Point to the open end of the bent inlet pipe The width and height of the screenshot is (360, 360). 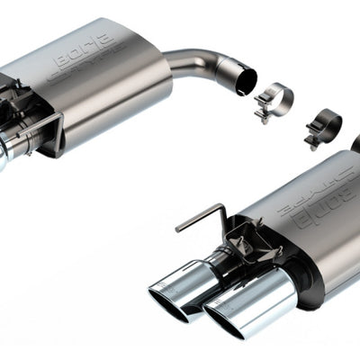click(x=244, y=78)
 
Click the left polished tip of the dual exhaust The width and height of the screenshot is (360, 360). click(x=176, y=283)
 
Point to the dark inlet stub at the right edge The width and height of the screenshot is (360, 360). click(x=355, y=144)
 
